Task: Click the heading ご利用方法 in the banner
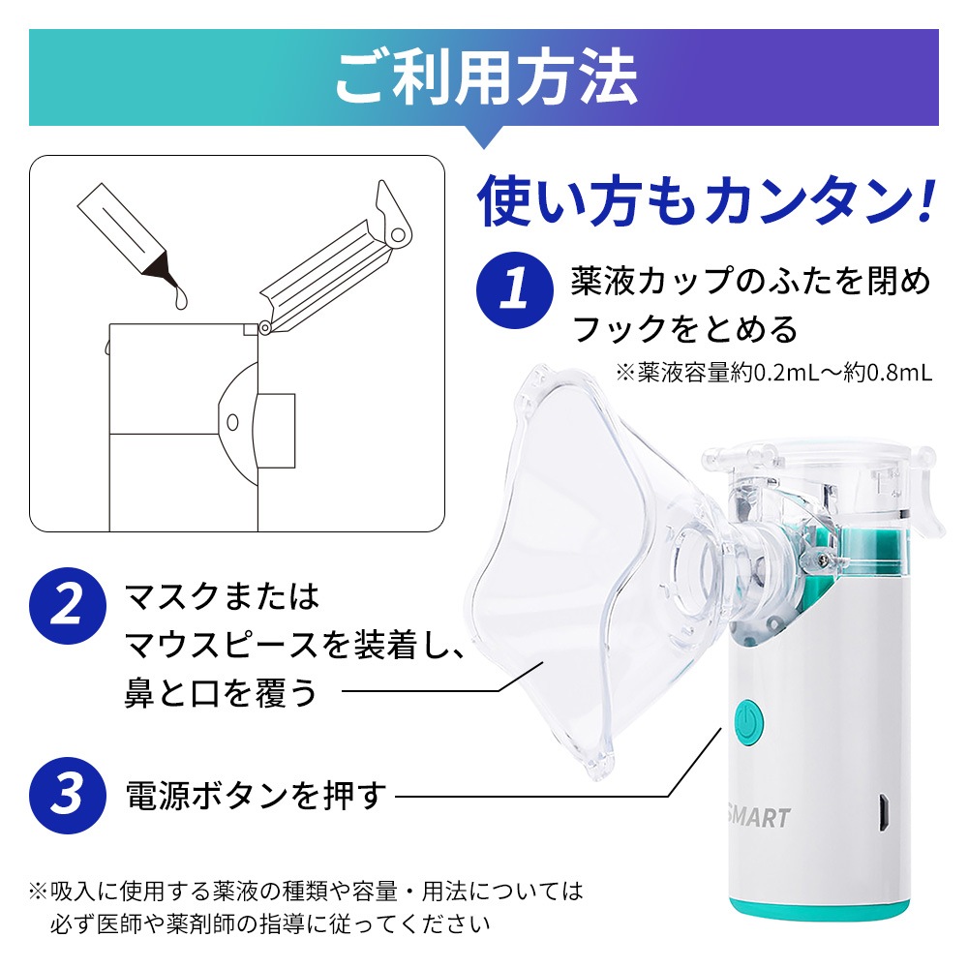click(486, 77)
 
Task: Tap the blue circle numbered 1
click(514, 290)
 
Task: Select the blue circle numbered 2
click(68, 606)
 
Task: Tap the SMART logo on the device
click(759, 817)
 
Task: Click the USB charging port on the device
click(885, 812)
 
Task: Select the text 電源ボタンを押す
click(256, 796)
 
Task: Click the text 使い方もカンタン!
click(706, 201)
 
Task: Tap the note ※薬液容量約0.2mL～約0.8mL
click(774, 372)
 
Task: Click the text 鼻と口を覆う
click(221, 692)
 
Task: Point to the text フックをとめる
click(684, 329)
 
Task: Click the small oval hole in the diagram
click(232, 423)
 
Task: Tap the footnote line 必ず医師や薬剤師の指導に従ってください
click(270, 924)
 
